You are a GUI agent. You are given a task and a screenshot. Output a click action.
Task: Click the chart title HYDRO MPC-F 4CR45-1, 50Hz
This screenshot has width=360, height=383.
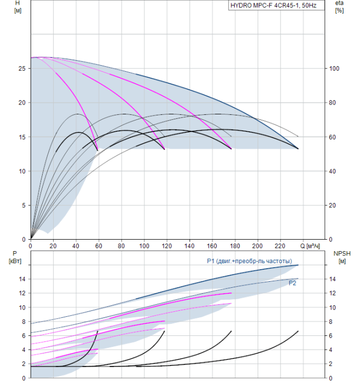274,5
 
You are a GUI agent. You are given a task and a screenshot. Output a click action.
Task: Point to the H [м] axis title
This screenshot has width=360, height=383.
18,7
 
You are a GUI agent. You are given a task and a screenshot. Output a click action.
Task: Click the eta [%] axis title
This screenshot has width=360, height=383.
339,7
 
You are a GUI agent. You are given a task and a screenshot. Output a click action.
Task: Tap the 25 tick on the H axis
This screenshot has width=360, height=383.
22,68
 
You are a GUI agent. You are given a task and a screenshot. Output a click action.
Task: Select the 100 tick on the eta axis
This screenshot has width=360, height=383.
334,68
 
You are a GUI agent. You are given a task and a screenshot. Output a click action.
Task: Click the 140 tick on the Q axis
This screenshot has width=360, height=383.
189,246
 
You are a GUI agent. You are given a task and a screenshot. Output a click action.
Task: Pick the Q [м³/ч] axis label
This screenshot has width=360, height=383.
310,246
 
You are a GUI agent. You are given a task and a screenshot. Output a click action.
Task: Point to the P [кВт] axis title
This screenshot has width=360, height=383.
15,257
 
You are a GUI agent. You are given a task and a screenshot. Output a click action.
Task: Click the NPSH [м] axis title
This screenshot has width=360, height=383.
342,258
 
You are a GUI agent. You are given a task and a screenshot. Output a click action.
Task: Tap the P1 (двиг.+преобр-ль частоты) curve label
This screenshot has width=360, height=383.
249,261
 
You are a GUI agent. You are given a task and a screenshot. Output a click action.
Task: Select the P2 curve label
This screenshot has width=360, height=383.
292,283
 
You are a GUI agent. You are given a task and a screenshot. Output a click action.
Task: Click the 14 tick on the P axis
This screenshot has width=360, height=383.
22,279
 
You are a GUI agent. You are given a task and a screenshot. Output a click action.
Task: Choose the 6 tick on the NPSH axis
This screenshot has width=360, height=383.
330,335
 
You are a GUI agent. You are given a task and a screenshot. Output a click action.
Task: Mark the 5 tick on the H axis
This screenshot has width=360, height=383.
24,205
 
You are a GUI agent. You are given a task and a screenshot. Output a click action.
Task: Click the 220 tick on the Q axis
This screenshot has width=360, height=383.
280,246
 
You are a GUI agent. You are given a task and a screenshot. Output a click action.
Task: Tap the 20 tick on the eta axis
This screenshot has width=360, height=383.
333,205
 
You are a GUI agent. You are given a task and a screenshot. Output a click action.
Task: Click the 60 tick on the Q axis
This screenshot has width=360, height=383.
98,246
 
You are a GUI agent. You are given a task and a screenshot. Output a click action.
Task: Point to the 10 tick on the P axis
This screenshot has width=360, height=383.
22,307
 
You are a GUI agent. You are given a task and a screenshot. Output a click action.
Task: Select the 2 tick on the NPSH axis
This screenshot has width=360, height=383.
330,364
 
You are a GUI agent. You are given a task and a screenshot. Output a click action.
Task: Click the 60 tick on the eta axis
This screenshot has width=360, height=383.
333,137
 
